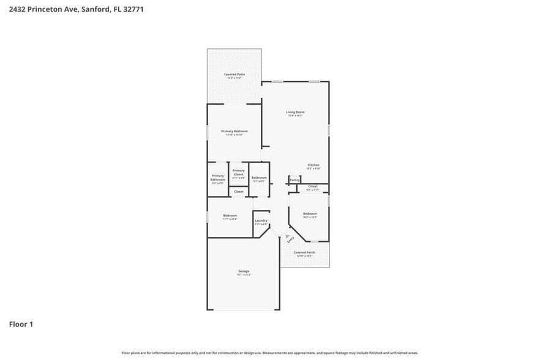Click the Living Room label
pyautogui.click(x=295, y=113)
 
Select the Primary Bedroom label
pyautogui.click(x=234, y=132)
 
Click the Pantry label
pyautogui.click(x=294, y=180)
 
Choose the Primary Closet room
pyautogui.click(x=239, y=173)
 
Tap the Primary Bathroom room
pyautogui.click(x=218, y=178)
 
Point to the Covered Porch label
pyautogui.click(x=304, y=253)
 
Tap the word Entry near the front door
pyautogui.click(x=291, y=241)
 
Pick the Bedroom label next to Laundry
pyautogui.click(x=230, y=216)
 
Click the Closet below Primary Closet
pyautogui.click(x=239, y=192)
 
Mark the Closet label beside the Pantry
pyautogui.click(x=312, y=187)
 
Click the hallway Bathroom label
pyautogui.click(x=259, y=178)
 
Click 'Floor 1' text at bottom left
pyautogui.click(x=21, y=324)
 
